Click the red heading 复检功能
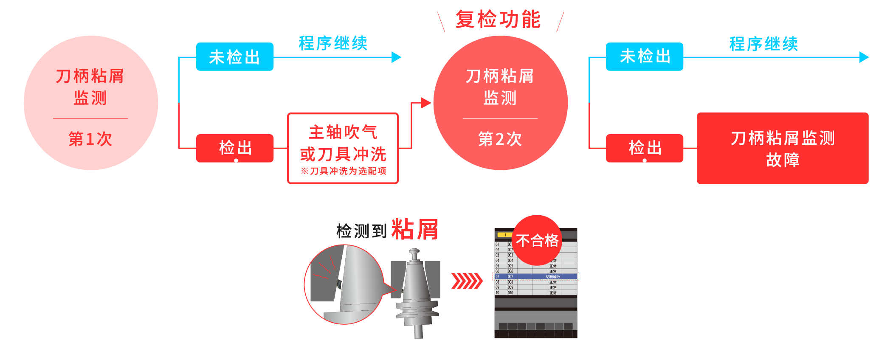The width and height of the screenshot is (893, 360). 498,20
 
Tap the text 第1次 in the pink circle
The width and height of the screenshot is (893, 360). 90,139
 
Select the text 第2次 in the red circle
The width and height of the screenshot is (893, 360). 500,139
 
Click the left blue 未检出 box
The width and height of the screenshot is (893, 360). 234,57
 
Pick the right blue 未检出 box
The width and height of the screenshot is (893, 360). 644,56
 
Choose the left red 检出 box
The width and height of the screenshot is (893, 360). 235,148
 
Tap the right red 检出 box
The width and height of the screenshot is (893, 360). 644,148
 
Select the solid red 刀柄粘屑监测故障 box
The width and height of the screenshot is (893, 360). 782,149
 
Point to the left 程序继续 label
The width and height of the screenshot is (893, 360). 333,43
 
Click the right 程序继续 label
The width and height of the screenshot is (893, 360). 763,44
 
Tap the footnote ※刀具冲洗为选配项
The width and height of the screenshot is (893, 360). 344,171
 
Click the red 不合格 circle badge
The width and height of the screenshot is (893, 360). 537,240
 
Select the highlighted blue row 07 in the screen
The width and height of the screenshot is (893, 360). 536,276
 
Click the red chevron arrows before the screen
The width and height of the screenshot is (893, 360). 466,281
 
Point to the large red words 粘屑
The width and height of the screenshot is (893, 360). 414,230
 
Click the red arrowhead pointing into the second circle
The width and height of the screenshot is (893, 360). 425,102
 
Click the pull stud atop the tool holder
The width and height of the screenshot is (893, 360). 414,254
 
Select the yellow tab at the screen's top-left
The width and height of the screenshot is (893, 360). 505,234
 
